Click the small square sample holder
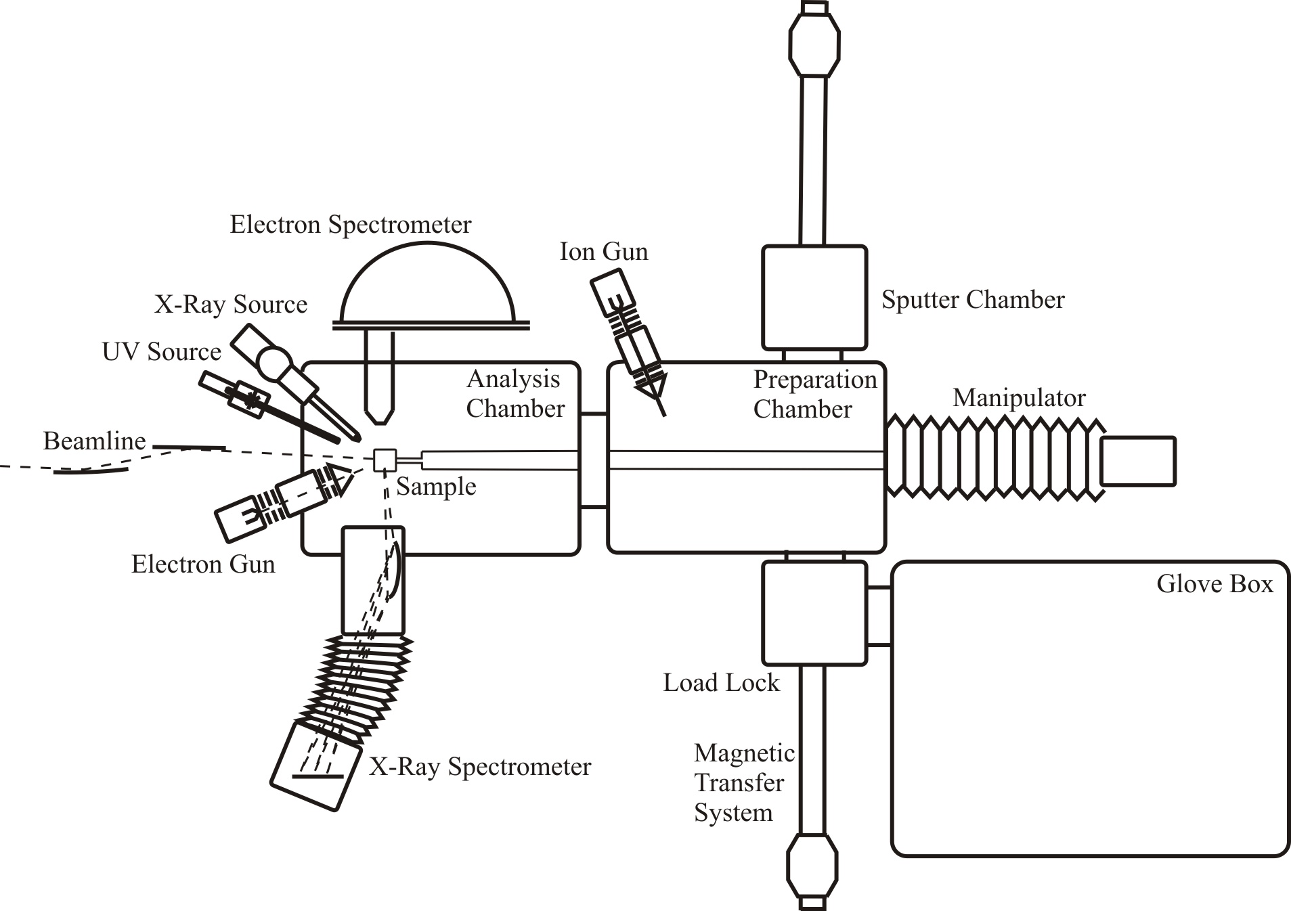point(385,460)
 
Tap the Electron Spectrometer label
point(351,225)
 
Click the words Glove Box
point(1215,583)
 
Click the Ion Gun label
point(604,252)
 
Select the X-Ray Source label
point(231,305)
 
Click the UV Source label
point(162,352)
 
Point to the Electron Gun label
point(203,564)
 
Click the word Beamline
point(95,441)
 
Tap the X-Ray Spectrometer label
point(480,767)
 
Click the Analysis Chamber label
point(515,394)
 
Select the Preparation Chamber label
point(815,395)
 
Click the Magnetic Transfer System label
point(744,783)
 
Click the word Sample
point(436,487)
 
